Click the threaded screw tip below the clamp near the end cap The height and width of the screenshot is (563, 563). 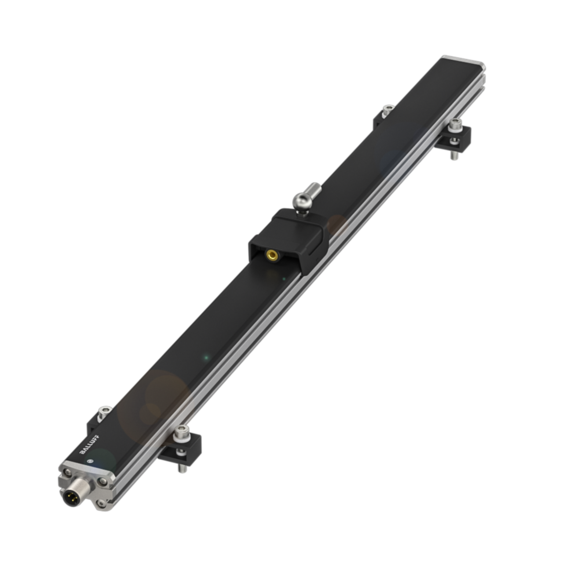453,155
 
